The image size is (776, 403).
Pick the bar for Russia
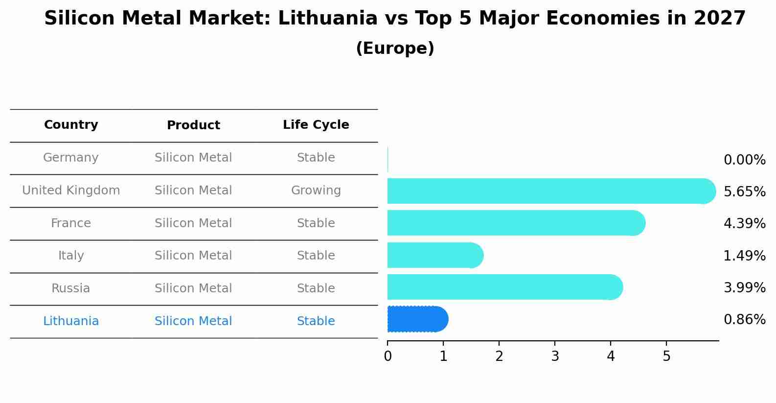[x=504, y=287]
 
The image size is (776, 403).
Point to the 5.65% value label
[x=744, y=191]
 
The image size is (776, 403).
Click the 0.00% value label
[x=744, y=160]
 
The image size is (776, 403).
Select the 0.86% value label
[x=744, y=319]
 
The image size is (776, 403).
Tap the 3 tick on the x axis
[x=555, y=356]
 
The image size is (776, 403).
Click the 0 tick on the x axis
[x=388, y=356]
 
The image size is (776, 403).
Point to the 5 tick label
[x=666, y=356]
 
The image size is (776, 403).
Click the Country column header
[x=71, y=125]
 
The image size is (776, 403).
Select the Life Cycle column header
[x=316, y=125]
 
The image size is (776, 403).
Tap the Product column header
[x=193, y=125]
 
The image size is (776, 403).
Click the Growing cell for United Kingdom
[x=316, y=190]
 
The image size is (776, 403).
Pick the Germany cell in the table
[x=71, y=158]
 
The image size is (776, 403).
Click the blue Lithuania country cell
[x=71, y=321]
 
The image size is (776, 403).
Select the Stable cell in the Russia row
[x=316, y=288]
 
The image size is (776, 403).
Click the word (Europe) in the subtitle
[x=395, y=48]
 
